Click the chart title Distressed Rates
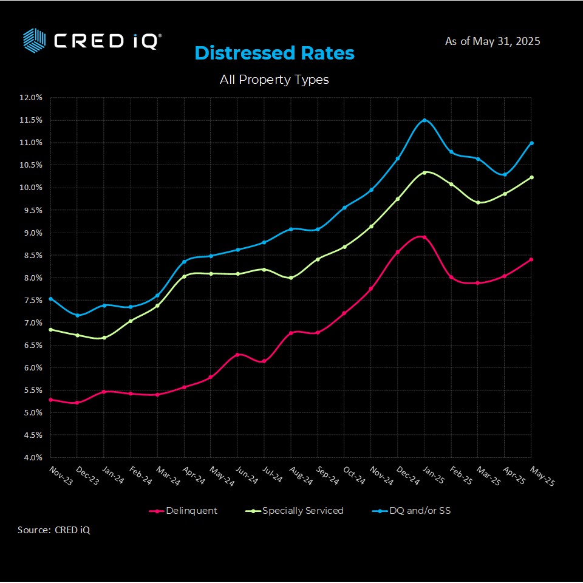point(274,53)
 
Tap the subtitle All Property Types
point(274,80)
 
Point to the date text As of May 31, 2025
point(493,41)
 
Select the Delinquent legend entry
point(183,511)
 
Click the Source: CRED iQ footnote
point(54,530)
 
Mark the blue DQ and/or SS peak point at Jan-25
point(424,120)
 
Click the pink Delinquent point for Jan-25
point(424,237)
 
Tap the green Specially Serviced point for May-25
point(531,177)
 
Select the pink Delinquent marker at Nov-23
point(50,400)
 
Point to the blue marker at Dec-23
point(77,315)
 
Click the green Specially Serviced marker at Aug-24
point(291,278)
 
